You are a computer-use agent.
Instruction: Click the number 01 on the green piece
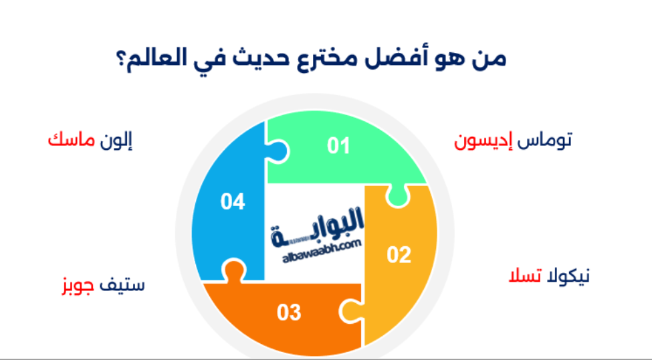click(x=338, y=145)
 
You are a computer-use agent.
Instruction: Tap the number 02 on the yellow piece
click(x=399, y=255)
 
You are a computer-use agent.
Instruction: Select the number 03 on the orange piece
click(x=289, y=312)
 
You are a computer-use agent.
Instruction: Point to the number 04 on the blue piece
click(x=233, y=201)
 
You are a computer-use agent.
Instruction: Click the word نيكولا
click(x=568, y=276)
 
